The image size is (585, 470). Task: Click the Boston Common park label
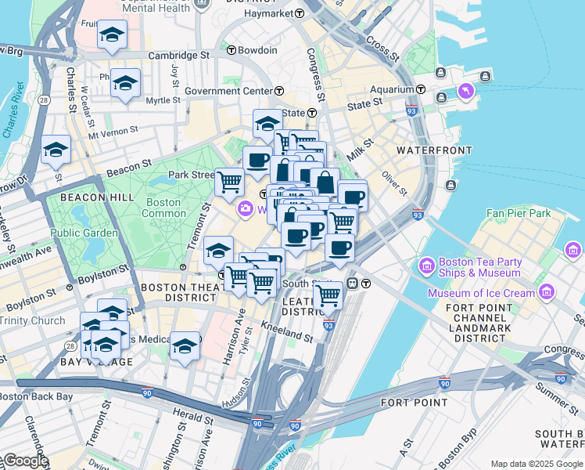(163, 208)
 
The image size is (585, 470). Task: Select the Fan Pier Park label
(519, 212)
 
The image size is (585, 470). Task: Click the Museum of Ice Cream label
(481, 293)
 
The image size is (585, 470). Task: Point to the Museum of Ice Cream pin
(546, 293)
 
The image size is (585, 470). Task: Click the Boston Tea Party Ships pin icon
(428, 266)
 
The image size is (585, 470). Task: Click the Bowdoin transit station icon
(231, 50)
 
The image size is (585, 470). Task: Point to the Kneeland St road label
(287, 332)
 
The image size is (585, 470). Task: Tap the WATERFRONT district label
(434, 150)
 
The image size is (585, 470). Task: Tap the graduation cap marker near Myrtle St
(125, 82)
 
